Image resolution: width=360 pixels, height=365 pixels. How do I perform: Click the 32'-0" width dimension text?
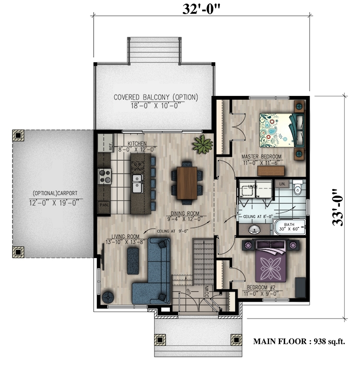pos(201,9)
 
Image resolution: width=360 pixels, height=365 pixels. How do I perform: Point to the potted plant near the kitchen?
pos(203,143)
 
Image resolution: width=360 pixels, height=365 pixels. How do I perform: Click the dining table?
pos(187,182)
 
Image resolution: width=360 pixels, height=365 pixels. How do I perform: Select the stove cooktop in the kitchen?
pos(105,176)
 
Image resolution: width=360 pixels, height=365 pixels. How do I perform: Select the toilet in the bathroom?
pos(298,189)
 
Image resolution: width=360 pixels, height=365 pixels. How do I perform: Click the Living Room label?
pos(125,237)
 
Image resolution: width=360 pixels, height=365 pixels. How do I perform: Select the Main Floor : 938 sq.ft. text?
pos(300,341)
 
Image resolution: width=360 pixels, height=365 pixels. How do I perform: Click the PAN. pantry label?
pos(103,205)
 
